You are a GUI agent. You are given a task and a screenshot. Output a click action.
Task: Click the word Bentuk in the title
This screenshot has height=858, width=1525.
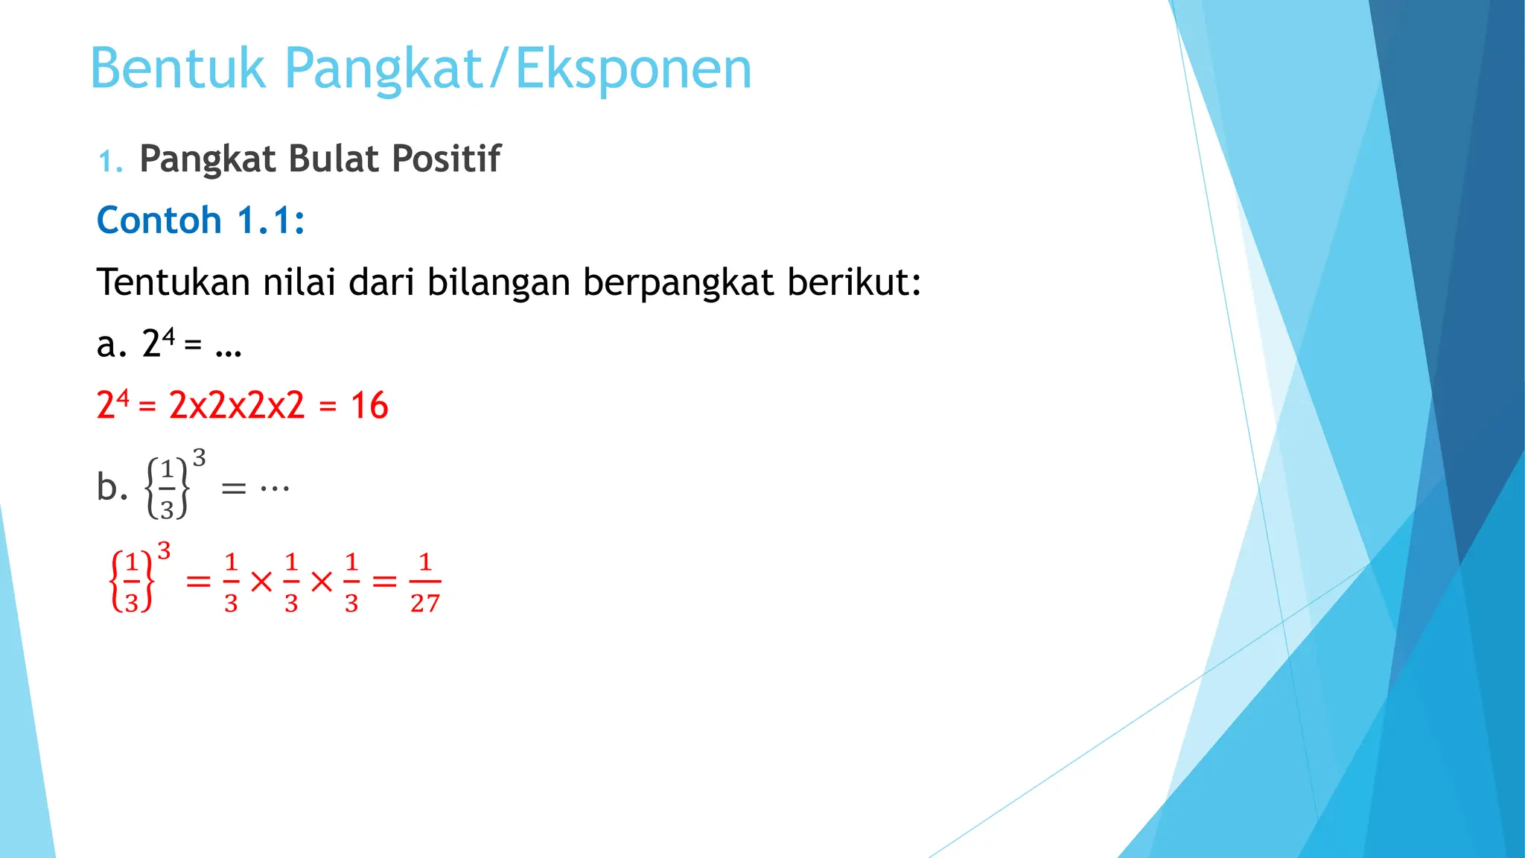click(x=177, y=69)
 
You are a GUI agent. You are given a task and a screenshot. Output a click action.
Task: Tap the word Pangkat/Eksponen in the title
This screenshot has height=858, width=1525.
click(x=518, y=69)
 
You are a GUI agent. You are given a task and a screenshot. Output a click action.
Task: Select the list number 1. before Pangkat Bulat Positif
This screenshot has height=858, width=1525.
click(x=110, y=161)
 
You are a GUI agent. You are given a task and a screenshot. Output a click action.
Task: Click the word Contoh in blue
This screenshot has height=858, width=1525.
click(x=159, y=220)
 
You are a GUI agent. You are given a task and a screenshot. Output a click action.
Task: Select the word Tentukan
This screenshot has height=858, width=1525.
click(x=173, y=282)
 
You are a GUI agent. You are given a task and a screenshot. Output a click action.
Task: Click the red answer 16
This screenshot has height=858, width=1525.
click(x=369, y=406)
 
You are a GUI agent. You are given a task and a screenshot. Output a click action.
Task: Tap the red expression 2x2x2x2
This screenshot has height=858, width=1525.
click(x=237, y=406)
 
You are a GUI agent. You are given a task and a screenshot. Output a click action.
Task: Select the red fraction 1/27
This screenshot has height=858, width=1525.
click(x=425, y=582)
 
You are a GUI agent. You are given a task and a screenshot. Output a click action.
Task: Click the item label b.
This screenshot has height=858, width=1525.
click(x=112, y=487)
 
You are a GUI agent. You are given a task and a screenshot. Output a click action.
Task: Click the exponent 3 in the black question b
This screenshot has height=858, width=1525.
click(x=199, y=457)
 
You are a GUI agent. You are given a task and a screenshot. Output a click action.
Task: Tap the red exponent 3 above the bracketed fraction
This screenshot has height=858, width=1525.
click(x=164, y=551)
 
